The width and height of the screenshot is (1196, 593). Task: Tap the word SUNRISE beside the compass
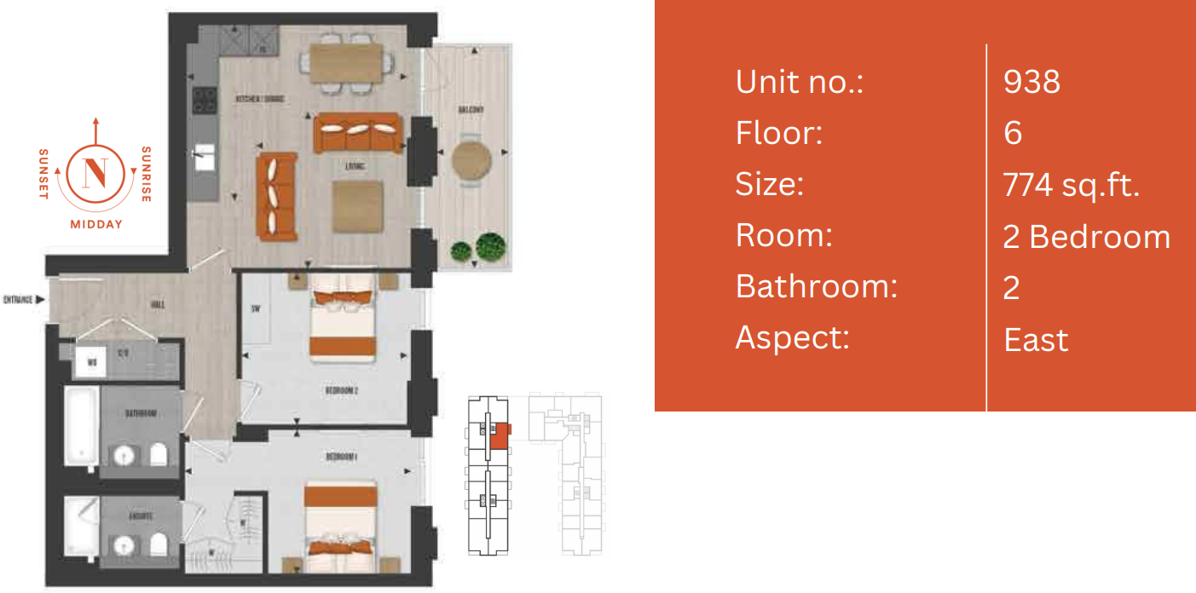click(x=146, y=174)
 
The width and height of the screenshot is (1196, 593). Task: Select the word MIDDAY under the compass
click(x=96, y=225)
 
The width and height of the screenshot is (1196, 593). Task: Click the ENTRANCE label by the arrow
click(x=19, y=300)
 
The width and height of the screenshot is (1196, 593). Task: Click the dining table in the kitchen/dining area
click(x=346, y=62)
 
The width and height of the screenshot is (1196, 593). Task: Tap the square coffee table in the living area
click(x=356, y=207)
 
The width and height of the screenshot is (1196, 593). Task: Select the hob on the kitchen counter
click(x=205, y=101)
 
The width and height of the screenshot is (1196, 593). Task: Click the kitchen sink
click(x=205, y=158)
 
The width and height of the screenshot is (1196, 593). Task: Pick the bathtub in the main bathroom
click(x=81, y=426)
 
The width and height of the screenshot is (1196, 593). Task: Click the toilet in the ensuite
click(x=159, y=543)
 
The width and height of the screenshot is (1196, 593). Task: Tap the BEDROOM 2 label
click(x=341, y=390)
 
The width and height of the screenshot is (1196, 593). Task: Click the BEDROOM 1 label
click(x=341, y=457)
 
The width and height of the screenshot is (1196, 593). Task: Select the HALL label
click(x=157, y=304)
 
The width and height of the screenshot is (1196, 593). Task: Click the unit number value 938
click(x=1031, y=82)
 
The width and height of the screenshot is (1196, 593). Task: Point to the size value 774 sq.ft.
click(x=1072, y=185)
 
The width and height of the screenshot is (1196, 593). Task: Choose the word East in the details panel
click(x=1036, y=340)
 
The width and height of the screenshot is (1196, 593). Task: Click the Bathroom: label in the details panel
click(x=816, y=287)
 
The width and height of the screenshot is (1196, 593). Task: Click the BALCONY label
click(x=471, y=111)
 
